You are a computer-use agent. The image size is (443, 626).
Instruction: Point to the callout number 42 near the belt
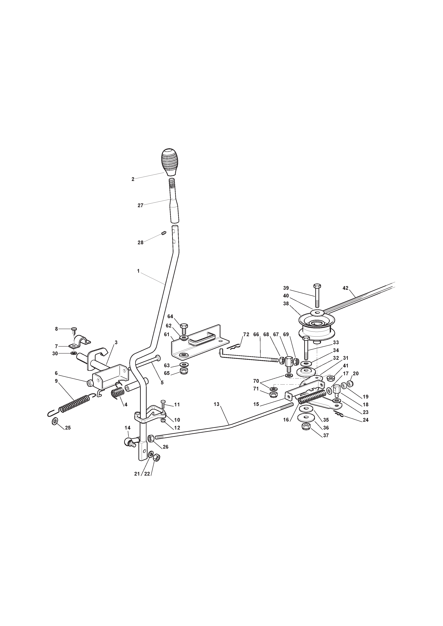coord(345,288)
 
